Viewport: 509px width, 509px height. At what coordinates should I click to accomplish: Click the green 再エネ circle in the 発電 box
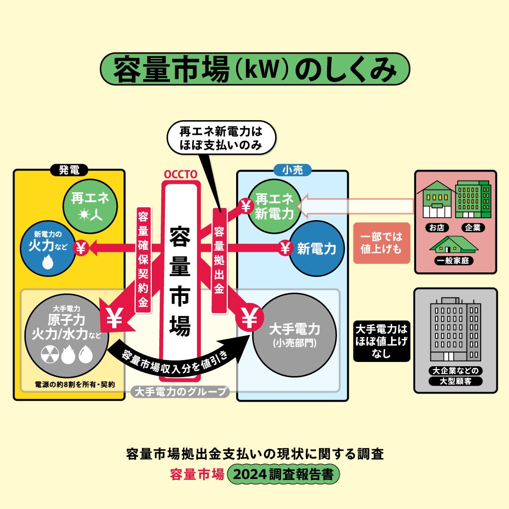pyautogui.click(x=90, y=206)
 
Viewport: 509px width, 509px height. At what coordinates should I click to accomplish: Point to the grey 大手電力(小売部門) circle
pyautogui.click(x=294, y=334)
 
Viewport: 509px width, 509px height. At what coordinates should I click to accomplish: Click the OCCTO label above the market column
pyautogui.click(x=180, y=174)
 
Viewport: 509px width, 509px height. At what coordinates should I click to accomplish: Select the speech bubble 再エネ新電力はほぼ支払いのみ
pyautogui.click(x=221, y=138)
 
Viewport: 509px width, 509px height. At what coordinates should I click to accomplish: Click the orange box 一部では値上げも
pyautogui.click(x=381, y=243)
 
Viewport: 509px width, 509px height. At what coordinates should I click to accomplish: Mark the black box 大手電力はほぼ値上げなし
pyautogui.click(x=381, y=341)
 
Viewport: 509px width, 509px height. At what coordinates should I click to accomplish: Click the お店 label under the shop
pyautogui.click(x=437, y=228)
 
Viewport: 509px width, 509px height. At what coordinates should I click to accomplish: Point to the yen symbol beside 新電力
pyautogui.click(x=285, y=248)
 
